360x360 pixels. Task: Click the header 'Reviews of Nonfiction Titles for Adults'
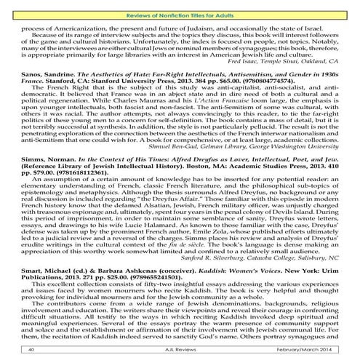click(180, 7)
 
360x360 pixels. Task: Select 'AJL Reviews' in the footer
click(180, 351)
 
